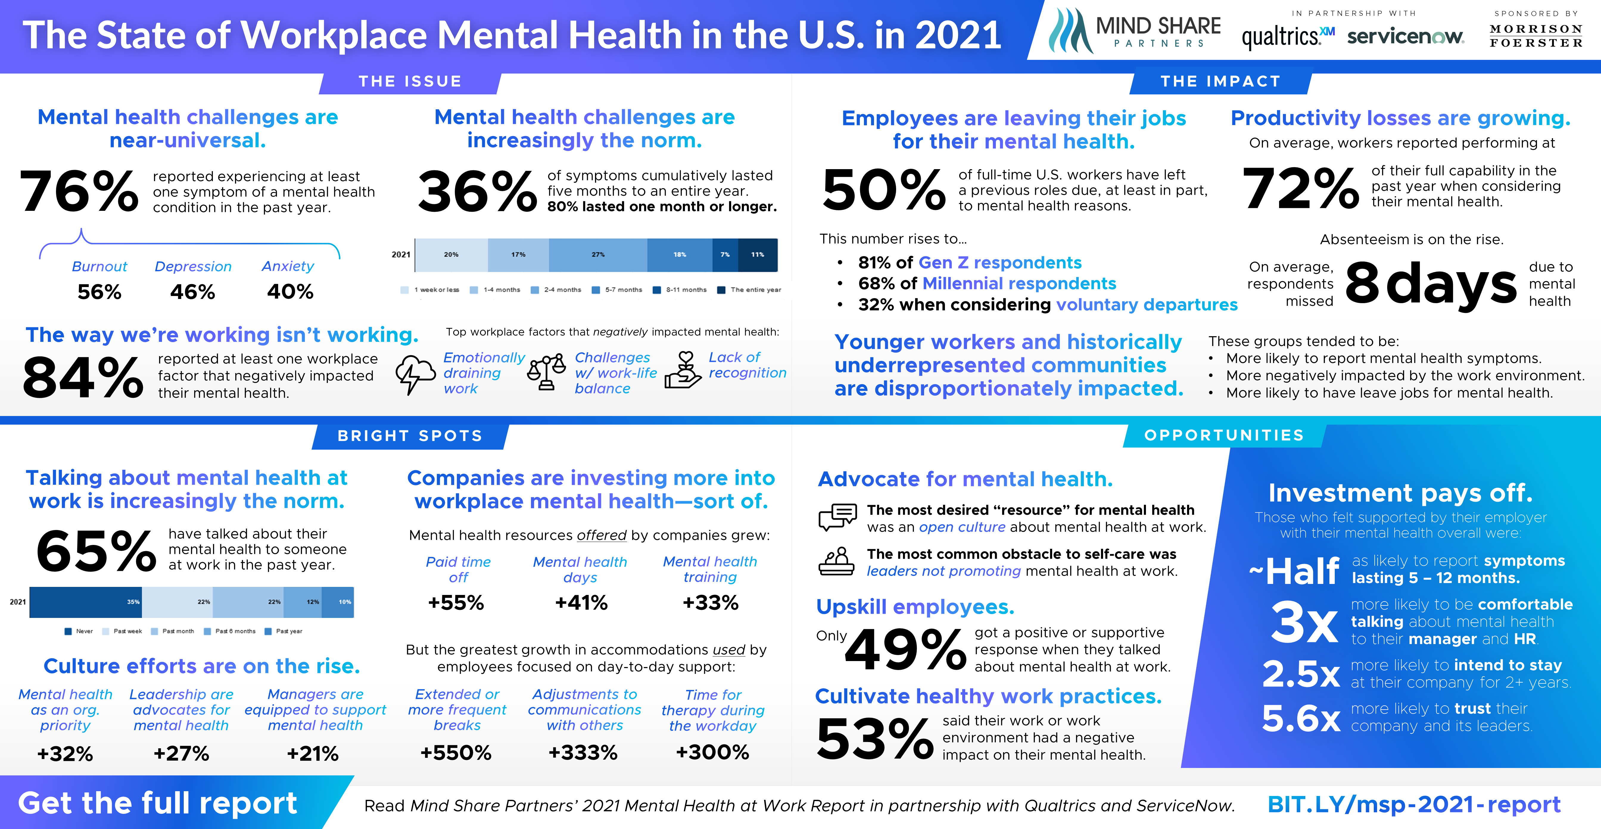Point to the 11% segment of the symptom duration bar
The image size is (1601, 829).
click(758, 255)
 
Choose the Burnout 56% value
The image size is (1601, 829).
click(99, 292)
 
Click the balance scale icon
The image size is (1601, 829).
click(546, 372)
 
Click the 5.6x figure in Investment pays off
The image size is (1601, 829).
click(1301, 719)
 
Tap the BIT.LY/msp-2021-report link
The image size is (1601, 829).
click(1413, 805)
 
